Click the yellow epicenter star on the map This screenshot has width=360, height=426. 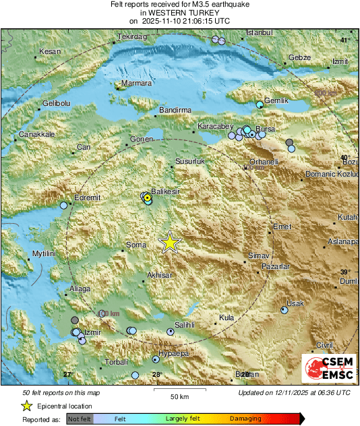pos(170,242)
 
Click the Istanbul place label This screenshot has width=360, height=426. pos(258,32)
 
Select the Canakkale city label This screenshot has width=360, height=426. pos(36,135)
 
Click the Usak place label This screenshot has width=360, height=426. pos(295,303)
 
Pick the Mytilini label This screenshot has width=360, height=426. pos(47,253)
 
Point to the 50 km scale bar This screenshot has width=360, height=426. pos(178,389)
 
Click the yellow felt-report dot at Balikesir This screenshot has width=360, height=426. pos(147,197)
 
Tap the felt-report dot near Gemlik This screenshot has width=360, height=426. pos(260,104)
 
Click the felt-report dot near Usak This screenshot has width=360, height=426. pos(283,310)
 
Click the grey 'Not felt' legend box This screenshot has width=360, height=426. pos(80,419)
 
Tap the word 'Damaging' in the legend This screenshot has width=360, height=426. pos(245,419)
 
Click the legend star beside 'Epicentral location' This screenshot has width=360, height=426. pos(26,406)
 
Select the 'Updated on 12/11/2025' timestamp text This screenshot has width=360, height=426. pos(294,392)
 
